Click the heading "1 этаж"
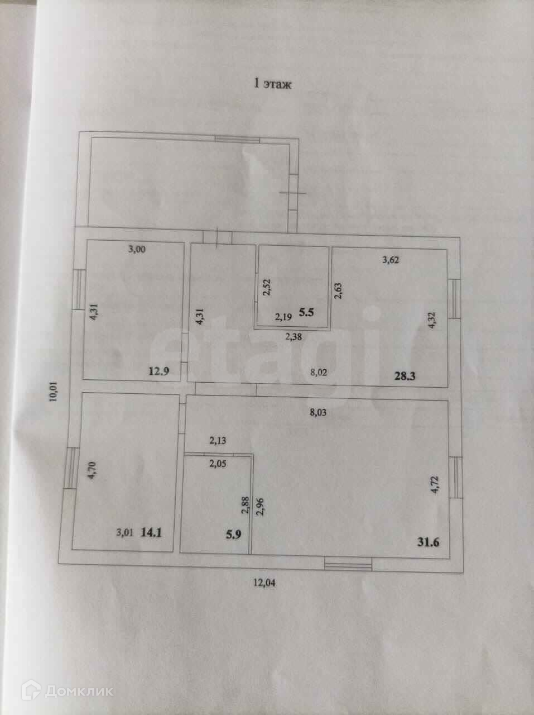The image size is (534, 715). point(273,84)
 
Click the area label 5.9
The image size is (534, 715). point(233,533)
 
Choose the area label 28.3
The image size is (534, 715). point(406,377)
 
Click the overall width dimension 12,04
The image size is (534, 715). point(265,583)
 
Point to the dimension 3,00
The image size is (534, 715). point(137,250)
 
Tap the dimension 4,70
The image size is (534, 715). point(94,466)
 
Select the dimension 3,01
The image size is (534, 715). point(124,533)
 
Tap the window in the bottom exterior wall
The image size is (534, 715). point(348,565)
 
